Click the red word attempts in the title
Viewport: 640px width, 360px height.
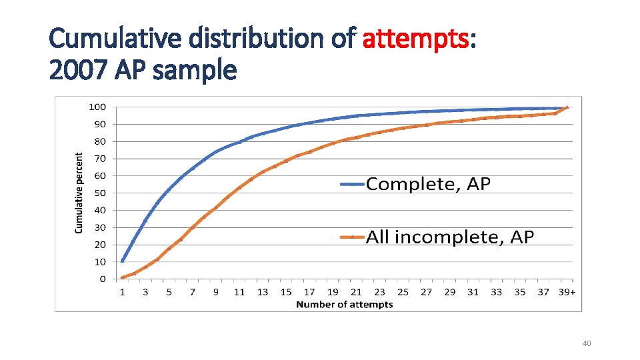click(x=415, y=40)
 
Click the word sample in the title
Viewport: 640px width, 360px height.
click(x=194, y=69)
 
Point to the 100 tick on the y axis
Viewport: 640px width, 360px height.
click(x=97, y=107)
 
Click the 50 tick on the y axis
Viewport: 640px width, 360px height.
click(x=99, y=193)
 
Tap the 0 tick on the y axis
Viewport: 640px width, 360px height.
click(x=102, y=279)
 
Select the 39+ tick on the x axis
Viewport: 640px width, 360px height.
click(x=567, y=292)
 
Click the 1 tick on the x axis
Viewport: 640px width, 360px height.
click(x=122, y=292)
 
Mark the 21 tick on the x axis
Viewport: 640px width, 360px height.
click(x=356, y=292)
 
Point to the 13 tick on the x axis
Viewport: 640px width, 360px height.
click(x=263, y=292)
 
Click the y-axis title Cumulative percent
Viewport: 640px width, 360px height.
click(x=79, y=193)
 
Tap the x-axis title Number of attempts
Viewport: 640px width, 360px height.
click(x=344, y=305)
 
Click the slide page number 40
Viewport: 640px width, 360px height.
click(x=587, y=343)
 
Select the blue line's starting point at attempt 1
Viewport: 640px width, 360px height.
click(x=122, y=261)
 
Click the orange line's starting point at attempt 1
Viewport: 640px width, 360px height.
click(x=122, y=277)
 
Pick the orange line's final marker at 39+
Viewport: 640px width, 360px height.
click(x=567, y=107)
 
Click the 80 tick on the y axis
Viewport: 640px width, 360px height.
click(x=99, y=141)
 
